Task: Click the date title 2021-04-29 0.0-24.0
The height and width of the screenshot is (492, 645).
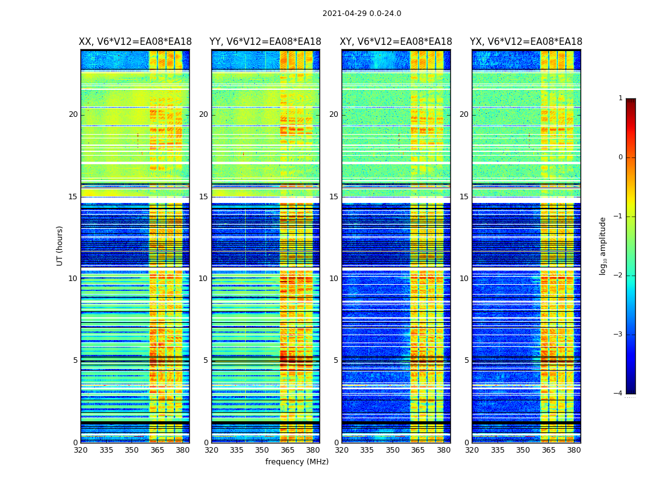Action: [x=362, y=14]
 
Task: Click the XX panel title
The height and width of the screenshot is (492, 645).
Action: [x=135, y=42]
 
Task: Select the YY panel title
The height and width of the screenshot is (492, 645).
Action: [x=265, y=42]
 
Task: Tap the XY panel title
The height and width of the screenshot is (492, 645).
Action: [x=396, y=42]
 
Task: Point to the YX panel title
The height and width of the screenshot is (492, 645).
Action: [x=526, y=42]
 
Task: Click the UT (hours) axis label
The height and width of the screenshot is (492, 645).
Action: [x=60, y=246]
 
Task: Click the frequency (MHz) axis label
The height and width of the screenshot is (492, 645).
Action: [x=297, y=462]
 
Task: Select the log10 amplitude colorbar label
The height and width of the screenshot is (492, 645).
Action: [x=603, y=246]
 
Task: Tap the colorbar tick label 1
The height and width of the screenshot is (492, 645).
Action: [x=620, y=98]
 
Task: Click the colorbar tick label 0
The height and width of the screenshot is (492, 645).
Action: [x=620, y=157]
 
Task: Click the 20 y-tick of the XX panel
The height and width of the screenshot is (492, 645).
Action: [x=73, y=114]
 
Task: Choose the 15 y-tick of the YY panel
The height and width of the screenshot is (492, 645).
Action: [x=203, y=197]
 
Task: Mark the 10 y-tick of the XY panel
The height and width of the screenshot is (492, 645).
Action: [x=334, y=279]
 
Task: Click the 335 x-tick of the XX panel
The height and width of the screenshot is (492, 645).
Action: [x=106, y=450]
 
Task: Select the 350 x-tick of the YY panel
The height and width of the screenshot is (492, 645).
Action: [x=262, y=450]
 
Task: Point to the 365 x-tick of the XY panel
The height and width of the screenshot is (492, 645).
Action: [x=418, y=450]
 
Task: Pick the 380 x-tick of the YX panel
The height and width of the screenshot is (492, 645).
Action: [x=574, y=450]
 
